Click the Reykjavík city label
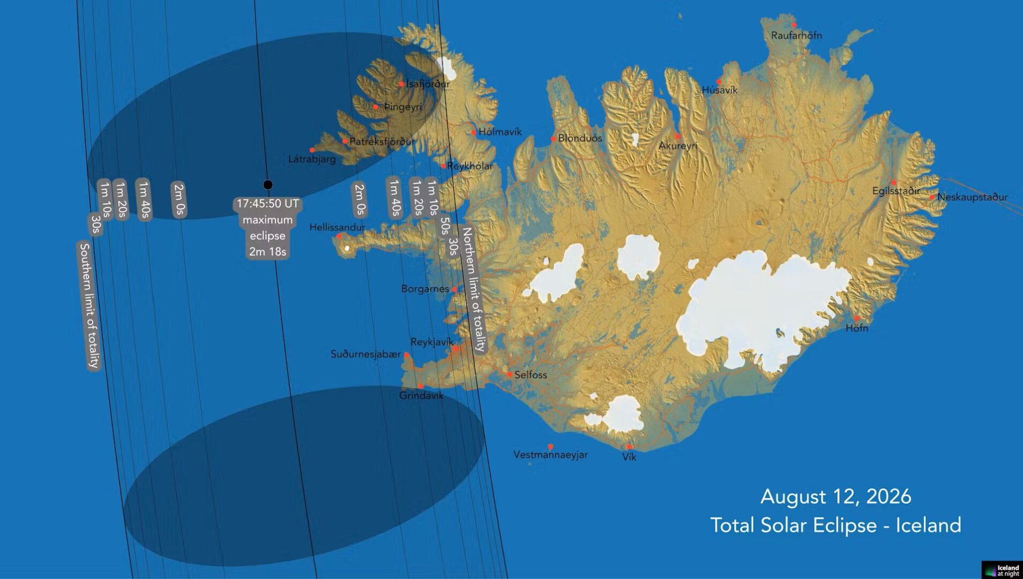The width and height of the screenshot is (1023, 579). [431, 342]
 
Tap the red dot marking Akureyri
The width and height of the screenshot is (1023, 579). [677, 136]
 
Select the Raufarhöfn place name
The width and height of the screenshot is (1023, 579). [796, 35]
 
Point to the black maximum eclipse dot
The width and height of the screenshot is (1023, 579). [268, 185]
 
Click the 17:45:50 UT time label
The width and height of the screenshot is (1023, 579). [267, 204]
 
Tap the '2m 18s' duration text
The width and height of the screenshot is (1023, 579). [267, 251]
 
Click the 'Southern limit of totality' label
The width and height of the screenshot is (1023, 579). [89, 305]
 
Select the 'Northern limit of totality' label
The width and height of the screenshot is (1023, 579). [474, 289]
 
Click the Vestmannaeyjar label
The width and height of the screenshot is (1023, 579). [550, 455]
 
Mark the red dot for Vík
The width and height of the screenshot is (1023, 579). [629, 447]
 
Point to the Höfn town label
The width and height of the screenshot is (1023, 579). [856, 328]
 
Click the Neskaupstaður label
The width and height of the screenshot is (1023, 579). [972, 197]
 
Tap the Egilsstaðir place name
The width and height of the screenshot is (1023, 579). [895, 191]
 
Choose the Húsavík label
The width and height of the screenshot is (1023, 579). [720, 91]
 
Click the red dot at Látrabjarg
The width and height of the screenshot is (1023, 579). [312, 150]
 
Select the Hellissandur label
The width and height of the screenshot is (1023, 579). [337, 227]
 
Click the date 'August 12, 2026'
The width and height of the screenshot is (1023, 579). [835, 496]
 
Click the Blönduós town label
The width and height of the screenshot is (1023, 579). [580, 138]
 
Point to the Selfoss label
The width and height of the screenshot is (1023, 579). [531, 375]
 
